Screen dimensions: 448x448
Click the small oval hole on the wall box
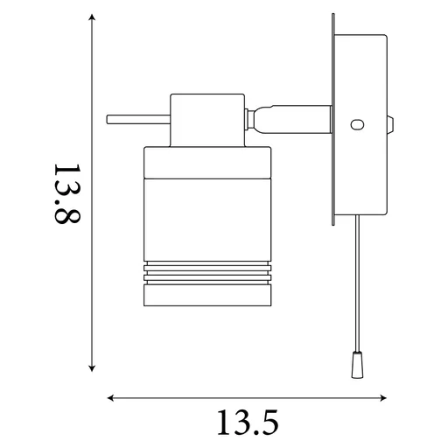[355, 126]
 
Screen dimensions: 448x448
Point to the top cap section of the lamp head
[205, 163]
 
